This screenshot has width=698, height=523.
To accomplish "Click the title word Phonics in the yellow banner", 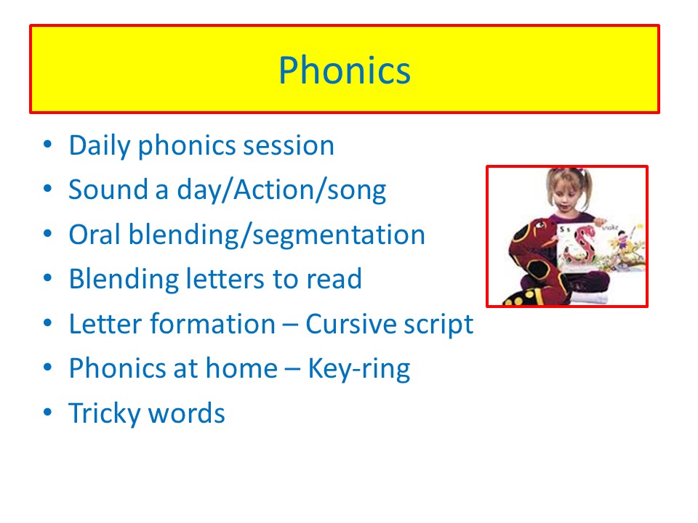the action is (x=345, y=70).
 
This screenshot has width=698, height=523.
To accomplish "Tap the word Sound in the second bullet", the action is (x=108, y=190).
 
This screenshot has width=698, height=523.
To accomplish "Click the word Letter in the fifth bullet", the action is (x=106, y=324).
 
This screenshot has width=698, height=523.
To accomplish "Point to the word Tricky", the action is (x=104, y=413).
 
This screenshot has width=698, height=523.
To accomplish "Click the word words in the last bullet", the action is (x=186, y=413).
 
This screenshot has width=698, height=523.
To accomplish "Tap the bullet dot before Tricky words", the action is (x=48, y=412).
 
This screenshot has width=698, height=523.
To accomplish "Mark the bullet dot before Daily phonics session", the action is (x=48, y=144).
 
